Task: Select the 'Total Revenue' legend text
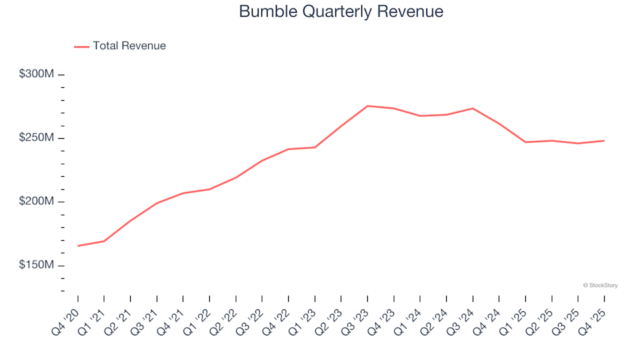(129, 46)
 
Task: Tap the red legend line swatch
(81, 47)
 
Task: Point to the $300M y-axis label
(36, 74)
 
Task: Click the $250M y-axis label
(36, 138)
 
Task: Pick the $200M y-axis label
(36, 202)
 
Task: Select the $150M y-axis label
(36, 266)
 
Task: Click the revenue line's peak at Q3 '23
(367, 106)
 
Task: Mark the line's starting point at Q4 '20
(78, 246)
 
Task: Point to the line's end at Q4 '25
(604, 141)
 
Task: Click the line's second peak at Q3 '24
(473, 109)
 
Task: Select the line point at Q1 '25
(525, 142)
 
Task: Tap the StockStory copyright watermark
(600, 285)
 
